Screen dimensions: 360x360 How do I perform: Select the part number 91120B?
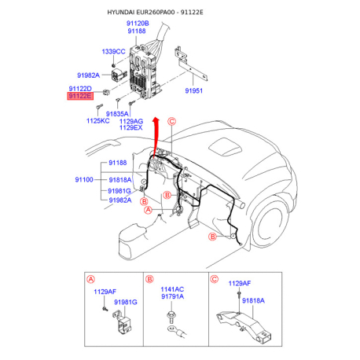[137, 24]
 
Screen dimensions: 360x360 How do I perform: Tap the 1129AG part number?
[130, 121]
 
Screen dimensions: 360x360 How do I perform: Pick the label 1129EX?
[130, 128]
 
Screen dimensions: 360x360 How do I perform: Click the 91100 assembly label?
[84, 180]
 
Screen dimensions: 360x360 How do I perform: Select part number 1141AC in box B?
[172, 289]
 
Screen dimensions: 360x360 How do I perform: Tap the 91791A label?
[172, 297]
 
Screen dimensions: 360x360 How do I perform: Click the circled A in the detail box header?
[90, 279]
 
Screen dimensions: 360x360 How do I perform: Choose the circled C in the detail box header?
[214, 279]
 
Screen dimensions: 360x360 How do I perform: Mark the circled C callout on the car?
[171, 121]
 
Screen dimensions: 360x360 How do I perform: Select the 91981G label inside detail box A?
[125, 301]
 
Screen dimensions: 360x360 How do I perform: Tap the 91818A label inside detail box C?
[253, 300]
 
